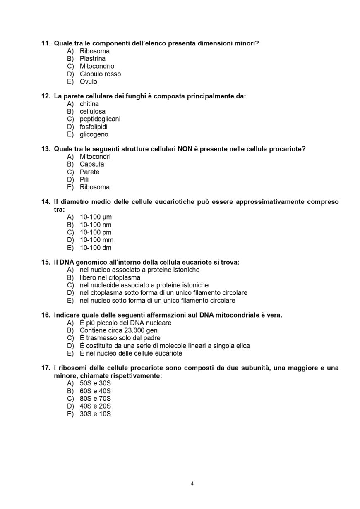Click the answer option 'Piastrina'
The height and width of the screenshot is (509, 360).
coord(92,59)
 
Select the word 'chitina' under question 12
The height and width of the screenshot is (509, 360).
coord(89,104)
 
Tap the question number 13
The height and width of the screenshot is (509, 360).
coord(46,149)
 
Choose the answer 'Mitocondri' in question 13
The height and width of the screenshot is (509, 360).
coord(95,157)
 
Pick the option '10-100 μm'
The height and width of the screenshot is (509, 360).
coord(96,217)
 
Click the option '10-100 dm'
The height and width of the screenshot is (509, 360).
coord(96,248)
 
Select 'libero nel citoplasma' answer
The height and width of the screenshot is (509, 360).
coord(110,277)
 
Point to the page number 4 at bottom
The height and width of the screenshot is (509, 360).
coord(192,484)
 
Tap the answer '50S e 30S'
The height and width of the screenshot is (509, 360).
coord(95,383)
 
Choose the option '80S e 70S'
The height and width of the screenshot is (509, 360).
coord(95,399)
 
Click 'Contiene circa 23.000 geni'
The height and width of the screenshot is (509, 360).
coord(119,330)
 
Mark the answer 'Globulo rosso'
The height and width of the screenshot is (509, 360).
coord(100,74)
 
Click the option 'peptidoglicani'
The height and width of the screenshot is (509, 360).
coord(100,119)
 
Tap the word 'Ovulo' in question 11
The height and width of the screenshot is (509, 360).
coord(88,81)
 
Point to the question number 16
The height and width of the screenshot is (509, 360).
coord(46,315)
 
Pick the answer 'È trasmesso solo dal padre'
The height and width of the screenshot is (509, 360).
coord(120,338)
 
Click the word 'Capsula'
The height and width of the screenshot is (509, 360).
coord(92,164)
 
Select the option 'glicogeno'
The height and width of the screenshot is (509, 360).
coord(94,134)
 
